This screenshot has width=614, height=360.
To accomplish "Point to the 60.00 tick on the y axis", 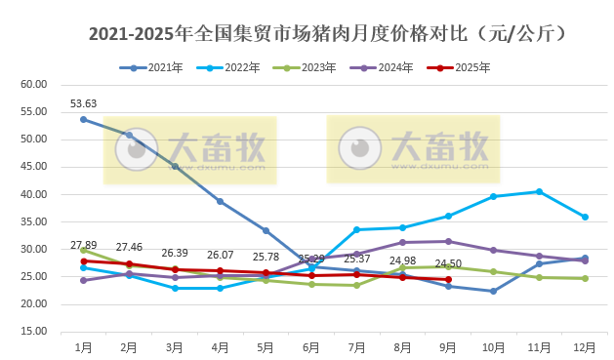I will coord(34,85).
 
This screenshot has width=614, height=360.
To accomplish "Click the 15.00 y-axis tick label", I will coord(34,332).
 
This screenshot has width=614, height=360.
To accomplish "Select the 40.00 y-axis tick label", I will coord(34,194).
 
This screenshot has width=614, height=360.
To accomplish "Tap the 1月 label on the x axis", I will coord(83,346).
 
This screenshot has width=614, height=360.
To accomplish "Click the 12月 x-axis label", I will coord(585,346).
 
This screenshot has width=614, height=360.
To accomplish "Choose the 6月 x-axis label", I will coord(311,346).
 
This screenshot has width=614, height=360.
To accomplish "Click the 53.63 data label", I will coord(83,103).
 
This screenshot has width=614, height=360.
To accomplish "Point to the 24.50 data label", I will coord(448,263).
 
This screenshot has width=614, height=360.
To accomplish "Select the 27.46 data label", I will coord(129,247).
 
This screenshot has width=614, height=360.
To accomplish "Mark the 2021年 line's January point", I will coord(83,119).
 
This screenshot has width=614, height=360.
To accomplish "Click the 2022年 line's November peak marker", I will coord(539,191).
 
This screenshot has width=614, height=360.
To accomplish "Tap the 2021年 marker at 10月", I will coord(493,291).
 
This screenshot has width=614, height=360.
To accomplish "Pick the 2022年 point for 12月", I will coord(585,217).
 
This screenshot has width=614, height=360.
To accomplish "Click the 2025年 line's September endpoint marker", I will coord(448,279).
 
